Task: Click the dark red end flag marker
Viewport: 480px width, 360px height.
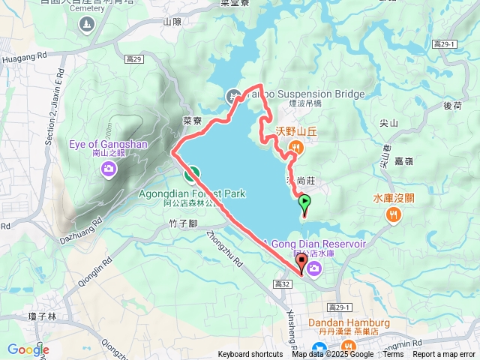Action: pyautogui.click(x=302, y=262)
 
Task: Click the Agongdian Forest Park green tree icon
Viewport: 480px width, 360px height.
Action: pyautogui.click(x=192, y=175)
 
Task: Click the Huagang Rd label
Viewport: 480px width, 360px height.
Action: pyautogui.click(x=25, y=55)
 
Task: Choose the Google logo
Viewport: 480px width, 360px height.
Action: pyautogui.click(x=28, y=349)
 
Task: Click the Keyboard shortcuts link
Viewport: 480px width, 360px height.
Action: pyautogui.click(x=250, y=355)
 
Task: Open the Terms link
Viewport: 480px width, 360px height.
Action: pyautogui.click(x=393, y=355)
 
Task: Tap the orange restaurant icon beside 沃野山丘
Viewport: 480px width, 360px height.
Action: pyautogui.click(x=298, y=148)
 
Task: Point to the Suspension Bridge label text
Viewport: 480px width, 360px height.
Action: pyautogui.click(x=315, y=94)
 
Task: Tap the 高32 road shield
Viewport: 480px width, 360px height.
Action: pyautogui.click(x=282, y=284)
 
